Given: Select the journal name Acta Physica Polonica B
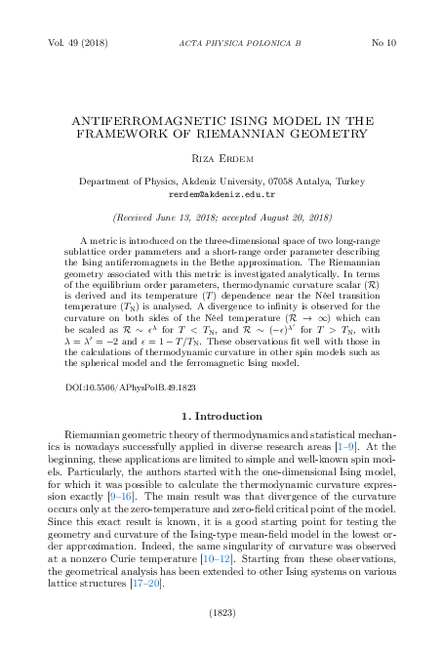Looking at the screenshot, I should pos(221,44).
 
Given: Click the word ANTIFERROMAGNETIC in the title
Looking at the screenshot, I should pos(159,120).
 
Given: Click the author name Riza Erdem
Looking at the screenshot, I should pos(221,158).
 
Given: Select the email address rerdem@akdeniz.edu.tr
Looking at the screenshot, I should pos(221,193).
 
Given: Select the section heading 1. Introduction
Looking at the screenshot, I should pos(221,442).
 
